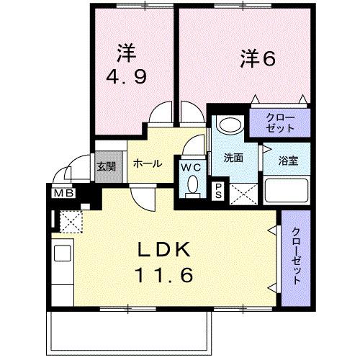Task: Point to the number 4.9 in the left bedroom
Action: point(127,76)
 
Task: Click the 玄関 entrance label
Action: point(105,166)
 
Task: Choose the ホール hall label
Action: point(148,163)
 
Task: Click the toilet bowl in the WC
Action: point(192,186)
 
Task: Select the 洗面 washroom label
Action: point(231,156)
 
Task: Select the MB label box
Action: point(60,192)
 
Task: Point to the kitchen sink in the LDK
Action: point(62,254)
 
